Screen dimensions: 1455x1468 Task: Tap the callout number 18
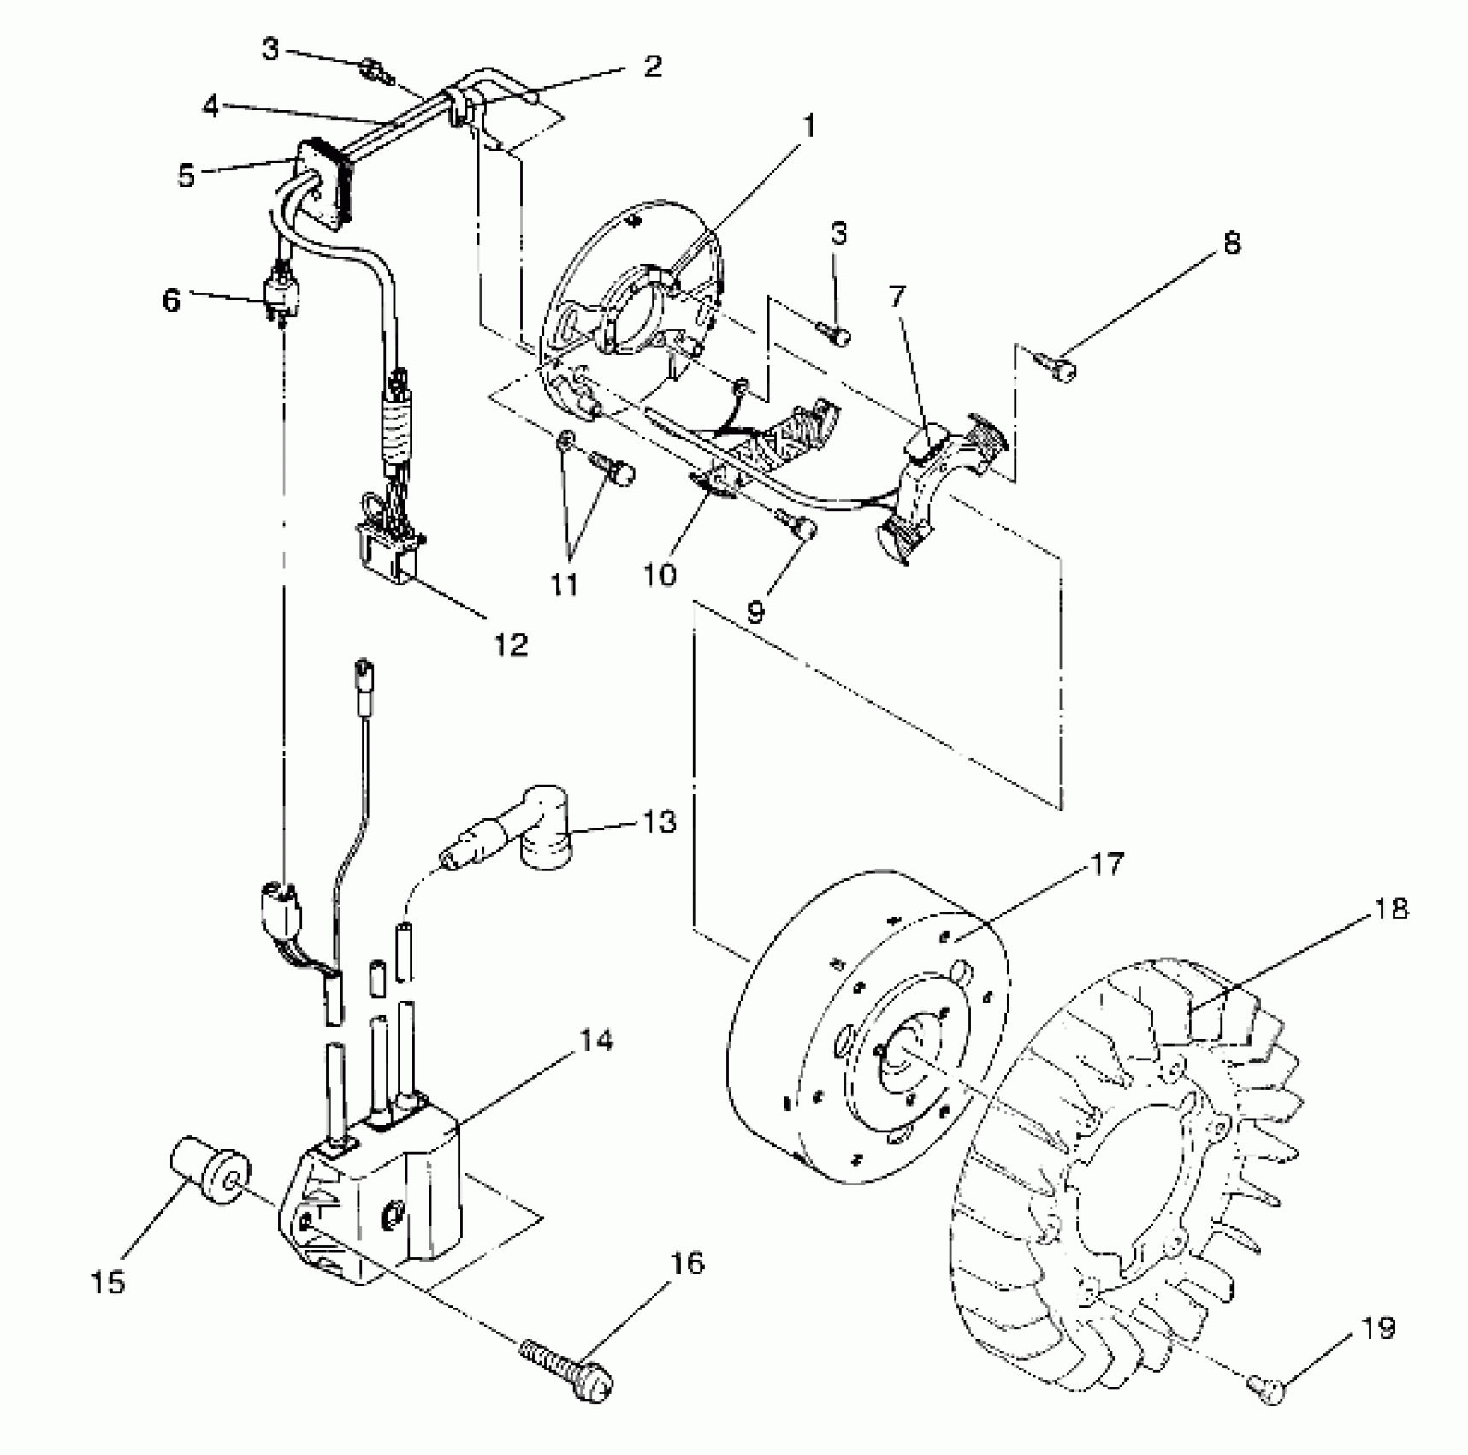coord(1392,907)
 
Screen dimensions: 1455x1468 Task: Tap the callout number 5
coord(186,175)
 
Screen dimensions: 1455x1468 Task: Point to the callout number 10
coord(660,574)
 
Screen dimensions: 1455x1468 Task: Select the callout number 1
coord(808,127)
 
